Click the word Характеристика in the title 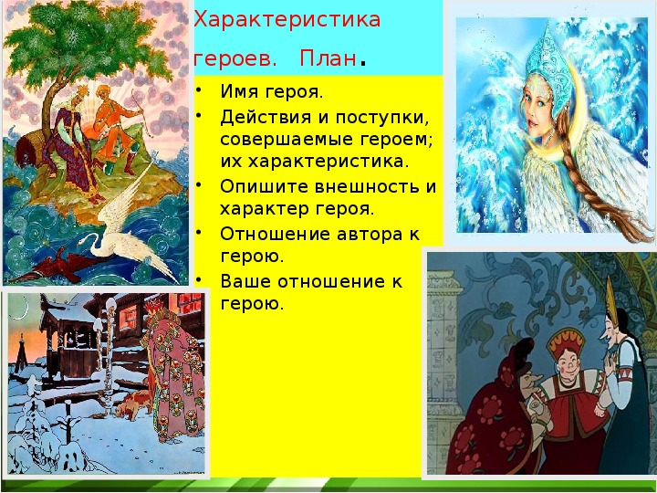coord(287,20)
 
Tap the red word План coord(328,58)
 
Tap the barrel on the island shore coord(30,147)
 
